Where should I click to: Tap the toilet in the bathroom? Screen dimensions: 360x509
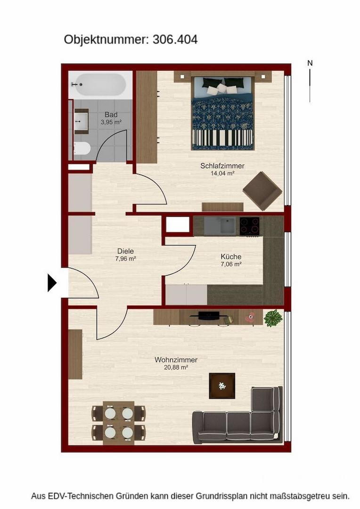coord(82,148)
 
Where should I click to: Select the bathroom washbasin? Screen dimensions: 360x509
coord(81,121)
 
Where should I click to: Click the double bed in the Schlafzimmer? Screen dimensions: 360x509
coord(222,113)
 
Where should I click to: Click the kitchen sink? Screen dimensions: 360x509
coord(228,226)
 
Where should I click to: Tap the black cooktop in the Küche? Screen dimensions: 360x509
coord(249,226)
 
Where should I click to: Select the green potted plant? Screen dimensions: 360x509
coord(273,318)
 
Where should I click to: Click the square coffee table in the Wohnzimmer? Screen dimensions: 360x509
coord(222,386)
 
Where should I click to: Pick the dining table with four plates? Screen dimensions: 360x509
coord(118,423)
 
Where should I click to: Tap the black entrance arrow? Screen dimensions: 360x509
coord(52,283)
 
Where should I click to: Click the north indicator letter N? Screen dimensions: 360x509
coord(310,63)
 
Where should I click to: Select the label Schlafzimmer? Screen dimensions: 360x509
coord(222,166)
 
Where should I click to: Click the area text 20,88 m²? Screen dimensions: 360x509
coord(176,368)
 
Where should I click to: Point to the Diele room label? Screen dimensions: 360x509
coord(125,251)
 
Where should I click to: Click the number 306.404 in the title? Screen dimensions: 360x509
coord(175,40)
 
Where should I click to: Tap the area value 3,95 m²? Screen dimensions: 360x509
coord(111,123)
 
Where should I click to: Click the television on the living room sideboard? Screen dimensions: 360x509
coord(209,315)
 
